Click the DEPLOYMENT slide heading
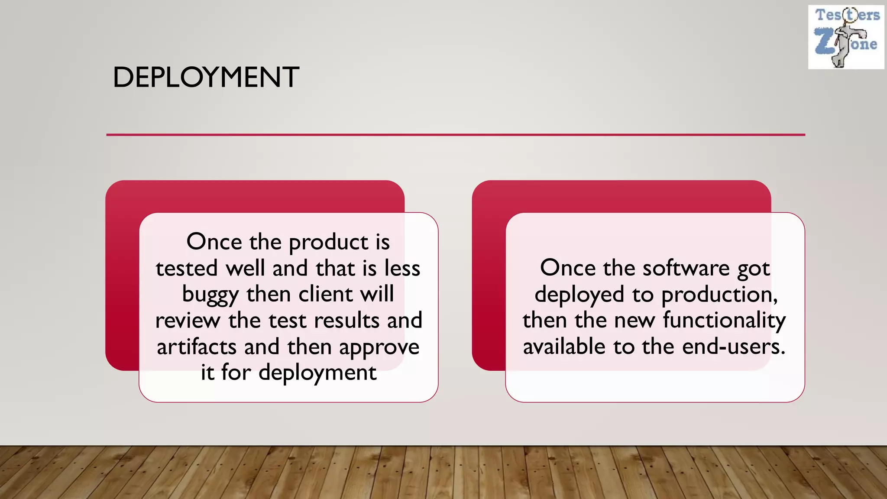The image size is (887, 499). (206, 78)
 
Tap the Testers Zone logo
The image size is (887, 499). (845, 37)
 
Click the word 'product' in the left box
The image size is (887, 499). (329, 243)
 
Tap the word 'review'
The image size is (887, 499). (188, 321)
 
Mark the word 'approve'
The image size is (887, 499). (379, 348)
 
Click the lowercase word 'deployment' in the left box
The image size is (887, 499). (317, 373)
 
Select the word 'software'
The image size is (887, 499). (686, 269)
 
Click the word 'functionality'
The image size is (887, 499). (724, 321)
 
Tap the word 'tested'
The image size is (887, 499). (187, 269)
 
